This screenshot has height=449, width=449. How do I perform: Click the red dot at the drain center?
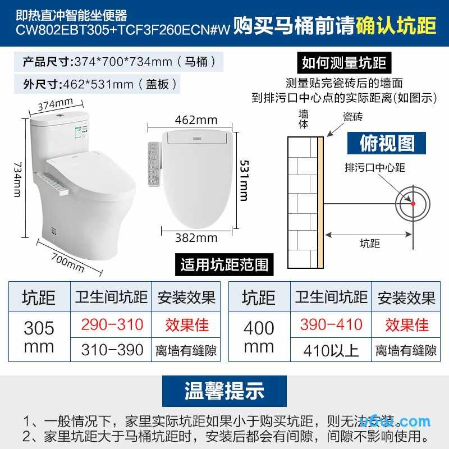coord(413,203)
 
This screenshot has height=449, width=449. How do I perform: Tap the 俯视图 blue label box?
coord(387,143)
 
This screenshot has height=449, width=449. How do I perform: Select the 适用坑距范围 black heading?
coord(224,264)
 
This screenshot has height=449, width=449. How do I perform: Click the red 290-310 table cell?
coord(112,324)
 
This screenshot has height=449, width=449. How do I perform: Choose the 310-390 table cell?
coord(112,350)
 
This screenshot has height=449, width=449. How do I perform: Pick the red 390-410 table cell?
coord(331,324)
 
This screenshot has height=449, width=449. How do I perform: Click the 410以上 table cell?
coord(331,350)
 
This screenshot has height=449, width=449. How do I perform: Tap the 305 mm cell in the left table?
coord(39,337)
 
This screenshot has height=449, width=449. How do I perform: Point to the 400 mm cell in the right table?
coord(259,337)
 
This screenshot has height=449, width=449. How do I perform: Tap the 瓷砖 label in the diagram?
coord(353,116)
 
